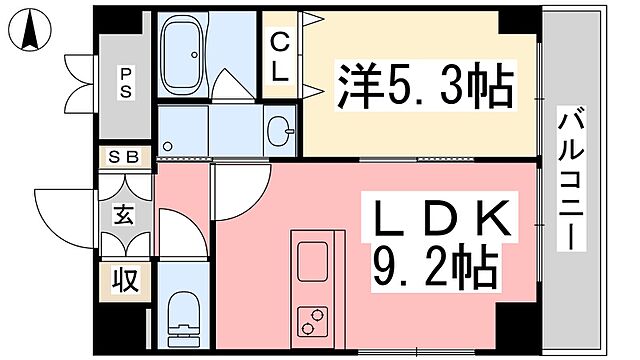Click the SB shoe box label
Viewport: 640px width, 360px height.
pyautogui.click(x=125, y=157)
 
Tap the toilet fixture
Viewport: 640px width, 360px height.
pyautogui.click(x=181, y=310)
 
